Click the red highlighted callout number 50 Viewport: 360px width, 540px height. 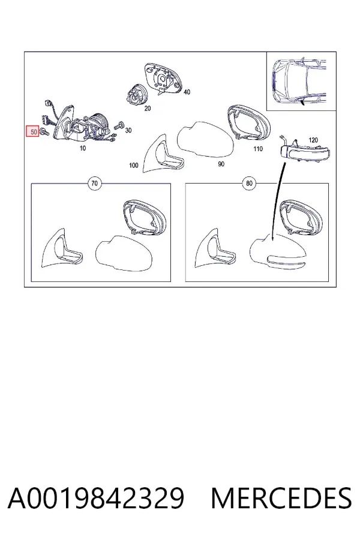pos(33,131)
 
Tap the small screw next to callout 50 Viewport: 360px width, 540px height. pos(44,131)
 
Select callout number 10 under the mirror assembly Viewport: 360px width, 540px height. pos(83,148)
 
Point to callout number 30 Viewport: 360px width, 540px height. pos(128,130)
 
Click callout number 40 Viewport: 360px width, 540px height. pos(187,92)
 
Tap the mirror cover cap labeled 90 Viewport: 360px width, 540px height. pos(206,140)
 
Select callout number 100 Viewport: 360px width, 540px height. pos(134,166)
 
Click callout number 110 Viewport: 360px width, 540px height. pos(257,148)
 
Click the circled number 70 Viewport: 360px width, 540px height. pos(94,183)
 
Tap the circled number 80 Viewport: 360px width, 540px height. pos(249,183)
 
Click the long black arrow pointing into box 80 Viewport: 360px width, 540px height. pos(278,202)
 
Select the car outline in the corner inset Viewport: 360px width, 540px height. pos(298,82)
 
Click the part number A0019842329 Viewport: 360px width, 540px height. pos(96,497)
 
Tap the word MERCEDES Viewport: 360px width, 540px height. pos(281,497)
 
